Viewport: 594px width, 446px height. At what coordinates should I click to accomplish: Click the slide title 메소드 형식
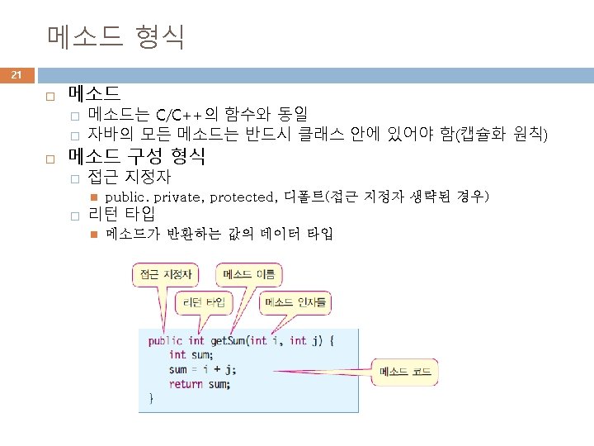point(115,37)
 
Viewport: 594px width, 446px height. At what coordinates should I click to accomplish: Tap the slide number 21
point(16,76)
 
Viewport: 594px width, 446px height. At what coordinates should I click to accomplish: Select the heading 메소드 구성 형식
point(137,155)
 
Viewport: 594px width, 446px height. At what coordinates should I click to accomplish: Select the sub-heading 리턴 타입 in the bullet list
point(119,216)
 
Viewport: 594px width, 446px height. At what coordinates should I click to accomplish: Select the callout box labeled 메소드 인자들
point(295,302)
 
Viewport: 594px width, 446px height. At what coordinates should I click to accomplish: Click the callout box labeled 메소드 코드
point(405,372)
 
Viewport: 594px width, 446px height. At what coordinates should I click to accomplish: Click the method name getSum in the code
point(229,340)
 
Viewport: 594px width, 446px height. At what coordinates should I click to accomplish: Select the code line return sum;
point(200,384)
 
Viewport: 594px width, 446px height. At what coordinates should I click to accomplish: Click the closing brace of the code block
point(151,398)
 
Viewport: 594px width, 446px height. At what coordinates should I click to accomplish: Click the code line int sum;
point(188,355)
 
